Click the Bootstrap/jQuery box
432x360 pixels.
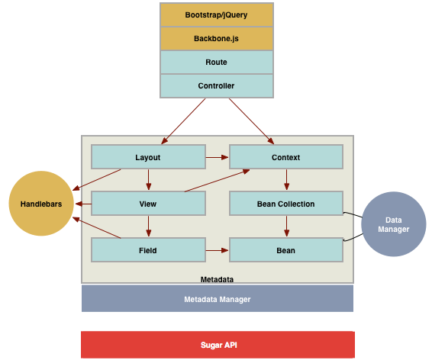coord(216,14)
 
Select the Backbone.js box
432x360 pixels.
coord(216,38)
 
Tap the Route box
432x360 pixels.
coord(216,62)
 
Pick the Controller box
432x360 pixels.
coord(216,85)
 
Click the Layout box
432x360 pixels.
coord(148,157)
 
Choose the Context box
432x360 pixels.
coord(285,157)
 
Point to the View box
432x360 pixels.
coord(148,204)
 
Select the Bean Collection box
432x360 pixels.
coord(285,204)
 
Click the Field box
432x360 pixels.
coord(148,249)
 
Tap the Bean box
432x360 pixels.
coord(285,249)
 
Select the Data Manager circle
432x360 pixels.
coord(393,223)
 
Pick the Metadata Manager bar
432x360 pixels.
coord(217,299)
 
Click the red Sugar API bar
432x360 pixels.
coord(217,345)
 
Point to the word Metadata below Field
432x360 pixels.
coord(217,279)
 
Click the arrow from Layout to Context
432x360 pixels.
coord(218,157)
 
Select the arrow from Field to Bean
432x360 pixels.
coord(218,249)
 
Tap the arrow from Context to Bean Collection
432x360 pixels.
coord(286,180)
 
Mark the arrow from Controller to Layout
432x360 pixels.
coord(189,121)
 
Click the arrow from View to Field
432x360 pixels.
coord(148,227)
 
